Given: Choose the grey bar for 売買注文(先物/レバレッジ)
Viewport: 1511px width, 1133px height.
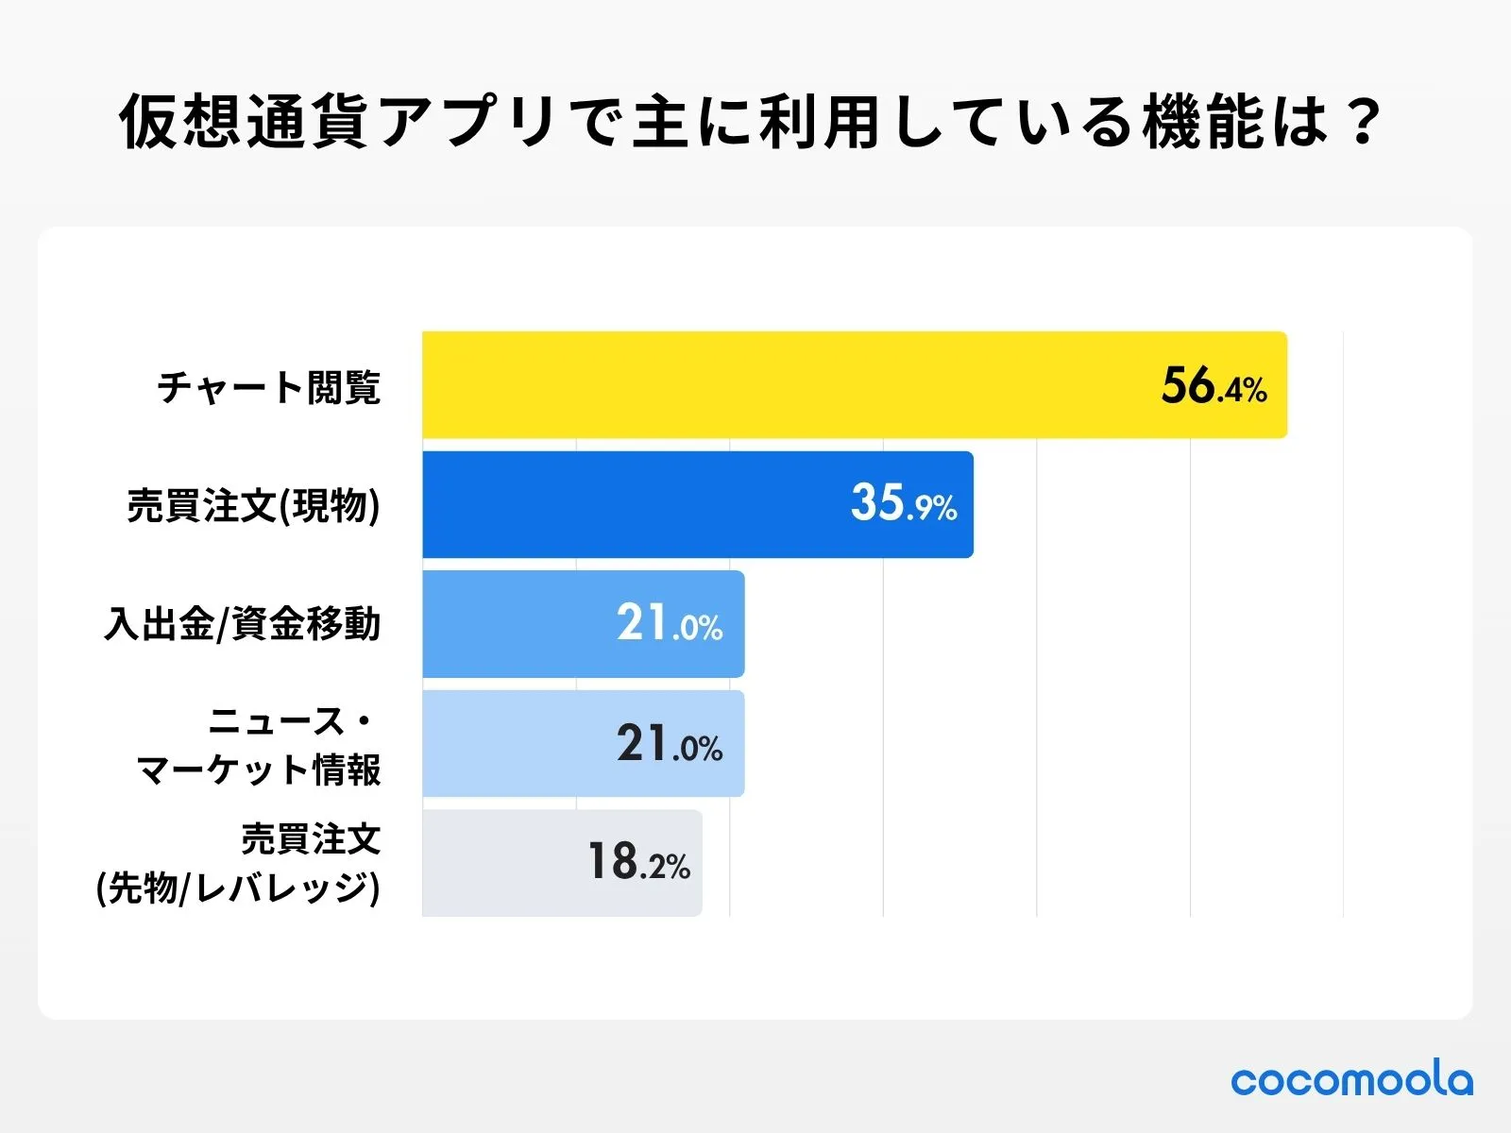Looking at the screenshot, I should tap(501, 863).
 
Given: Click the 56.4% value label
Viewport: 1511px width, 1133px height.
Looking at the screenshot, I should tap(1214, 387).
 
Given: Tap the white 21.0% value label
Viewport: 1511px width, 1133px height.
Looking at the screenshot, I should tap(670, 624).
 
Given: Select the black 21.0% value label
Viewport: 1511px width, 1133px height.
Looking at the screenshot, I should tap(670, 744).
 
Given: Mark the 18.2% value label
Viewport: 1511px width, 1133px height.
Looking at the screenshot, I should tap(638, 863).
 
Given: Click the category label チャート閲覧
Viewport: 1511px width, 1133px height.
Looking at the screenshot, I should tap(269, 387).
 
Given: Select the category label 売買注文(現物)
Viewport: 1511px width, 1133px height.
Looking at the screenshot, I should tap(253, 506).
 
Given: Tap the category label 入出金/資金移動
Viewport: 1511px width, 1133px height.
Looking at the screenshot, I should tap(243, 624).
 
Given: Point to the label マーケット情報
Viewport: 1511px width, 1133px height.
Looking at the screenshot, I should tap(259, 769).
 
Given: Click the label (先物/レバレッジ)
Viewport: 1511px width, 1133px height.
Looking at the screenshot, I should tap(238, 888).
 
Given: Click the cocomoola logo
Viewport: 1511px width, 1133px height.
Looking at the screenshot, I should tap(1351, 1080).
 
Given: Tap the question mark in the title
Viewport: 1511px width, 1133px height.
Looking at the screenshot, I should tap(1363, 123).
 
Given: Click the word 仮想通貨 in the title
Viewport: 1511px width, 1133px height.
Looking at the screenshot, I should tap(244, 123).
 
